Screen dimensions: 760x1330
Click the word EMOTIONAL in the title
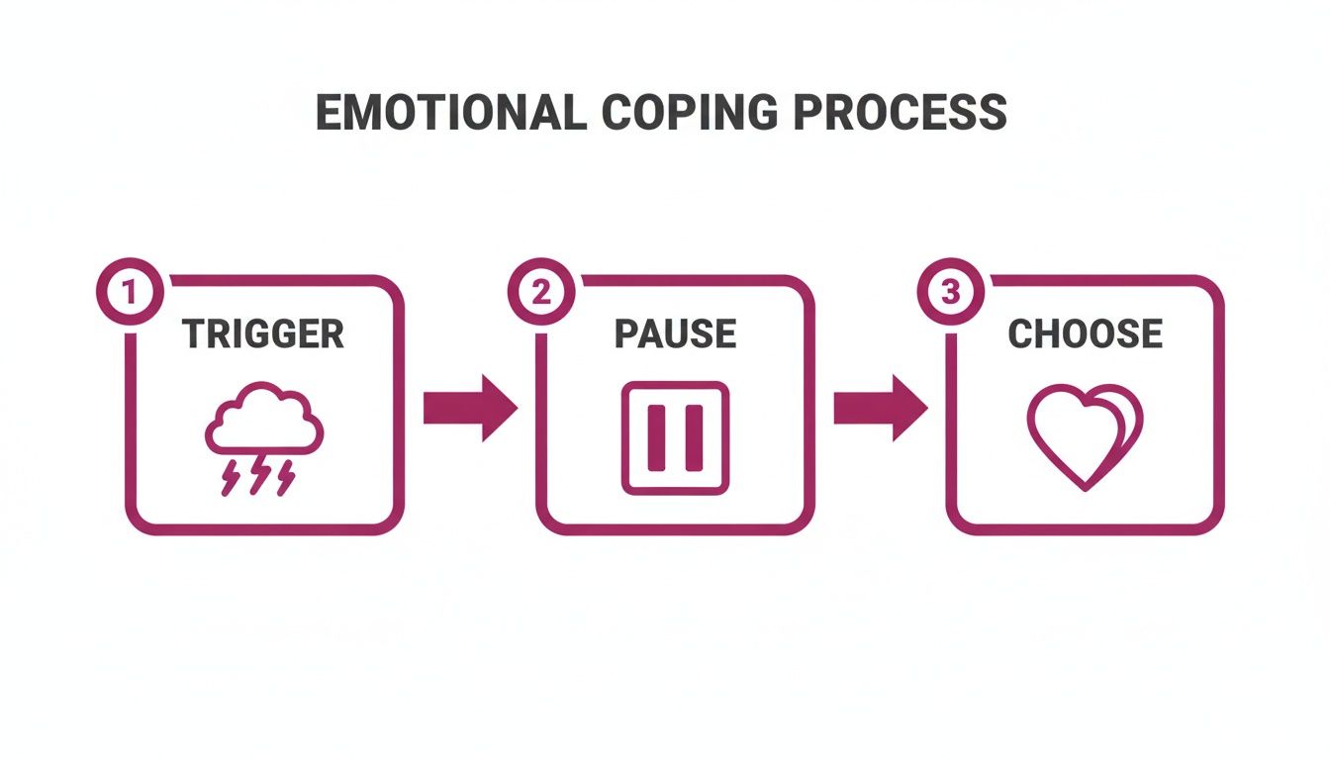(451, 113)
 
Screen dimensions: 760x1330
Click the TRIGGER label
(264, 334)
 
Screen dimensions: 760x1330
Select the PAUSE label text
(675, 334)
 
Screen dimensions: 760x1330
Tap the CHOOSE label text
(1085, 334)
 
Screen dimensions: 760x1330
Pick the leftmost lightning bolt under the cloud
(230, 477)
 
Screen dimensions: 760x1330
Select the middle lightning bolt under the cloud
(259, 477)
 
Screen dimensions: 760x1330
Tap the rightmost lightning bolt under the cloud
(287, 477)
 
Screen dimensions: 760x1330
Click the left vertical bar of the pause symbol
(656, 437)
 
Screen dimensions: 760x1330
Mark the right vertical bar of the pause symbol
(694, 437)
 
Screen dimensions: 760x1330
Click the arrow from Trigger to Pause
(470, 408)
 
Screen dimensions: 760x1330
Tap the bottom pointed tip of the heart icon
(1085, 487)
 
